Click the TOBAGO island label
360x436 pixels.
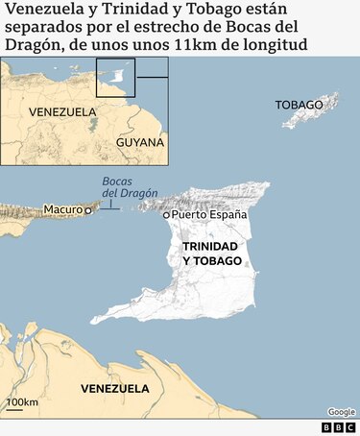point(299,104)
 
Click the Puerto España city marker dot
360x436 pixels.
point(166,215)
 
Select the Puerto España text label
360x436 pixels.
point(209,215)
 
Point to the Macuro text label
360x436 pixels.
point(62,209)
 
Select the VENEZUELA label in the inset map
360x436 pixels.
point(62,112)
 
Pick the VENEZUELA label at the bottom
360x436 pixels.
point(115,389)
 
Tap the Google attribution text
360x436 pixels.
point(341,412)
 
